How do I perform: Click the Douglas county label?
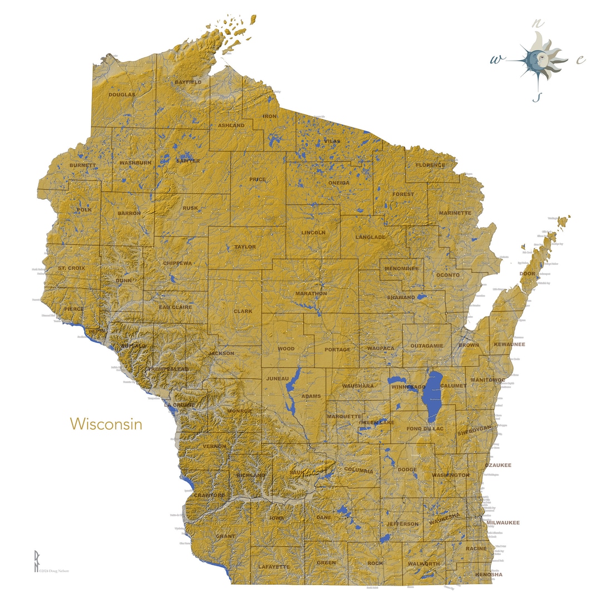(121, 95)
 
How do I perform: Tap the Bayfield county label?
(188, 82)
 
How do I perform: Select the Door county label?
(527, 274)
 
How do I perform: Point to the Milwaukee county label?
(503, 523)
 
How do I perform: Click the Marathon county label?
(311, 293)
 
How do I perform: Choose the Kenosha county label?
(489, 574)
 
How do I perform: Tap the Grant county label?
(225, 536)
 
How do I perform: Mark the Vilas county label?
(332, 141)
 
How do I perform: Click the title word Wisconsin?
(106, 424)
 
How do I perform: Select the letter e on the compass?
(580, 60)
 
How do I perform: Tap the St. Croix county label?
(72, 268)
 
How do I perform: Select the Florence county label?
(430, 165)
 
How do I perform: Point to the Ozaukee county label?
(498, 465)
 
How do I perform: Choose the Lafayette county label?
(274, 566)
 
